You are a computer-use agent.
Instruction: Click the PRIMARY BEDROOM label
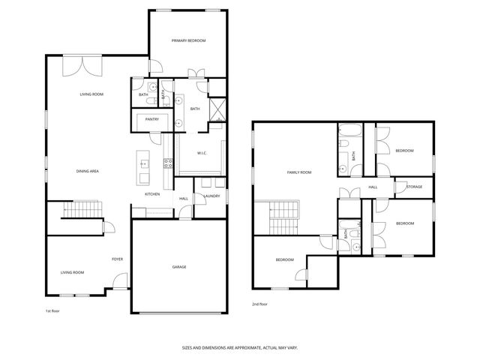point(188,40)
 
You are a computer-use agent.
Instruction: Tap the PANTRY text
point(152,118)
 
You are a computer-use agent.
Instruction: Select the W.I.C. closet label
point(202,154)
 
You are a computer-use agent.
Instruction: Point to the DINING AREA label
point(88,171)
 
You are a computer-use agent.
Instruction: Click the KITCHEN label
point(152,194)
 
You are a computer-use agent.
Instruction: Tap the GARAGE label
point(179,267)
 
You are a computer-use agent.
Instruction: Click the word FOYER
point(118,259)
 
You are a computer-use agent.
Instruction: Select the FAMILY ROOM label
point(299,172)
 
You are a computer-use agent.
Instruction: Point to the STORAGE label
point(415,187)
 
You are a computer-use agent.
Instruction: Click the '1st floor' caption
point(52,309)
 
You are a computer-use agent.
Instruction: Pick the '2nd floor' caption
point(259,304)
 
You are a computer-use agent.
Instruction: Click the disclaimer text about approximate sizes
point(239,348)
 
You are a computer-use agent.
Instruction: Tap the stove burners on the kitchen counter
point(169,163)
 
